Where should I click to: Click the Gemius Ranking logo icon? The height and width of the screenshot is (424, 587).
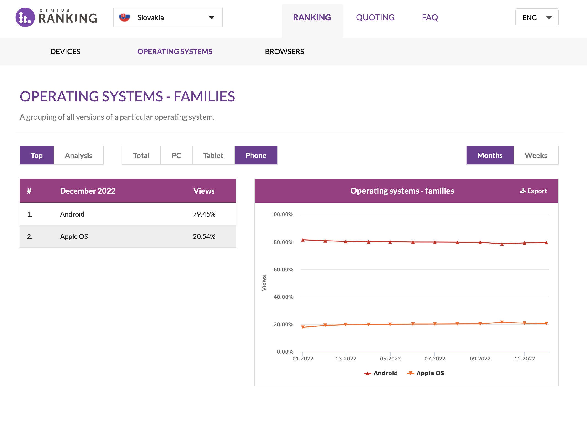(25, 17)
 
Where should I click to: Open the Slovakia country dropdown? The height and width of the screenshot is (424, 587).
(168, 17)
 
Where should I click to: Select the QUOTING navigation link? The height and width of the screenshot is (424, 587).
(375, 17)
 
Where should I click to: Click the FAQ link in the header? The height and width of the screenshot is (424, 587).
(430, 17)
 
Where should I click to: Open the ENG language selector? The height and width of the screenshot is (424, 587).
(537, 17)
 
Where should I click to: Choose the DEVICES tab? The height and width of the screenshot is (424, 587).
(65, 51)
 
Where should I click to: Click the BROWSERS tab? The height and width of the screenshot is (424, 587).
(284, 51)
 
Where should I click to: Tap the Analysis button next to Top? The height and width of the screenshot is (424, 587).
(78, 155)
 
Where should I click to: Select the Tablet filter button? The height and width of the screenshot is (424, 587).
(213, 155)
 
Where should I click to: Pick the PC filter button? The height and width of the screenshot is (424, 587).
(176, 155)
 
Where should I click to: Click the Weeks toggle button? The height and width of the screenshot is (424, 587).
(536, 155)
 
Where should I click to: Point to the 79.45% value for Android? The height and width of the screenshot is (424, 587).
(204, 214)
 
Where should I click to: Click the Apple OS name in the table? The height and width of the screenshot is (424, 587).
(74, 236)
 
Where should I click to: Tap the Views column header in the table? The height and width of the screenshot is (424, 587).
(204, 191)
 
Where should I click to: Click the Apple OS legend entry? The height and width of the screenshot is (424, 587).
(426, 373)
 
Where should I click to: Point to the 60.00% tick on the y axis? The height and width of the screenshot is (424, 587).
(283, 270)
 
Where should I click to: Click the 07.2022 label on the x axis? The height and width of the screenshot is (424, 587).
(435, 358)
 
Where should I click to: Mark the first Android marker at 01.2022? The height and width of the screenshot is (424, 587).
(303, 240)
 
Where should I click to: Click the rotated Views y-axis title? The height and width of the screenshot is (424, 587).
(264, 283)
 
